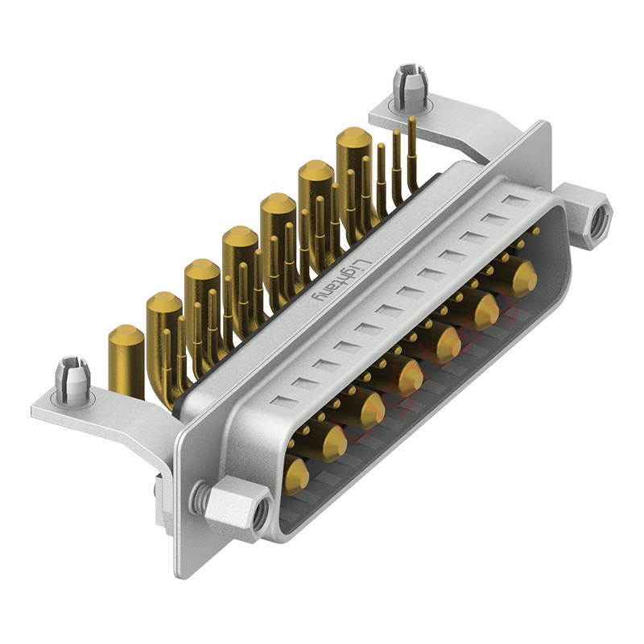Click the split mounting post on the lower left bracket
coord(72,379)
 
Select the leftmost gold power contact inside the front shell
coord(295,475)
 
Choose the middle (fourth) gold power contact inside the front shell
coord(409,376)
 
